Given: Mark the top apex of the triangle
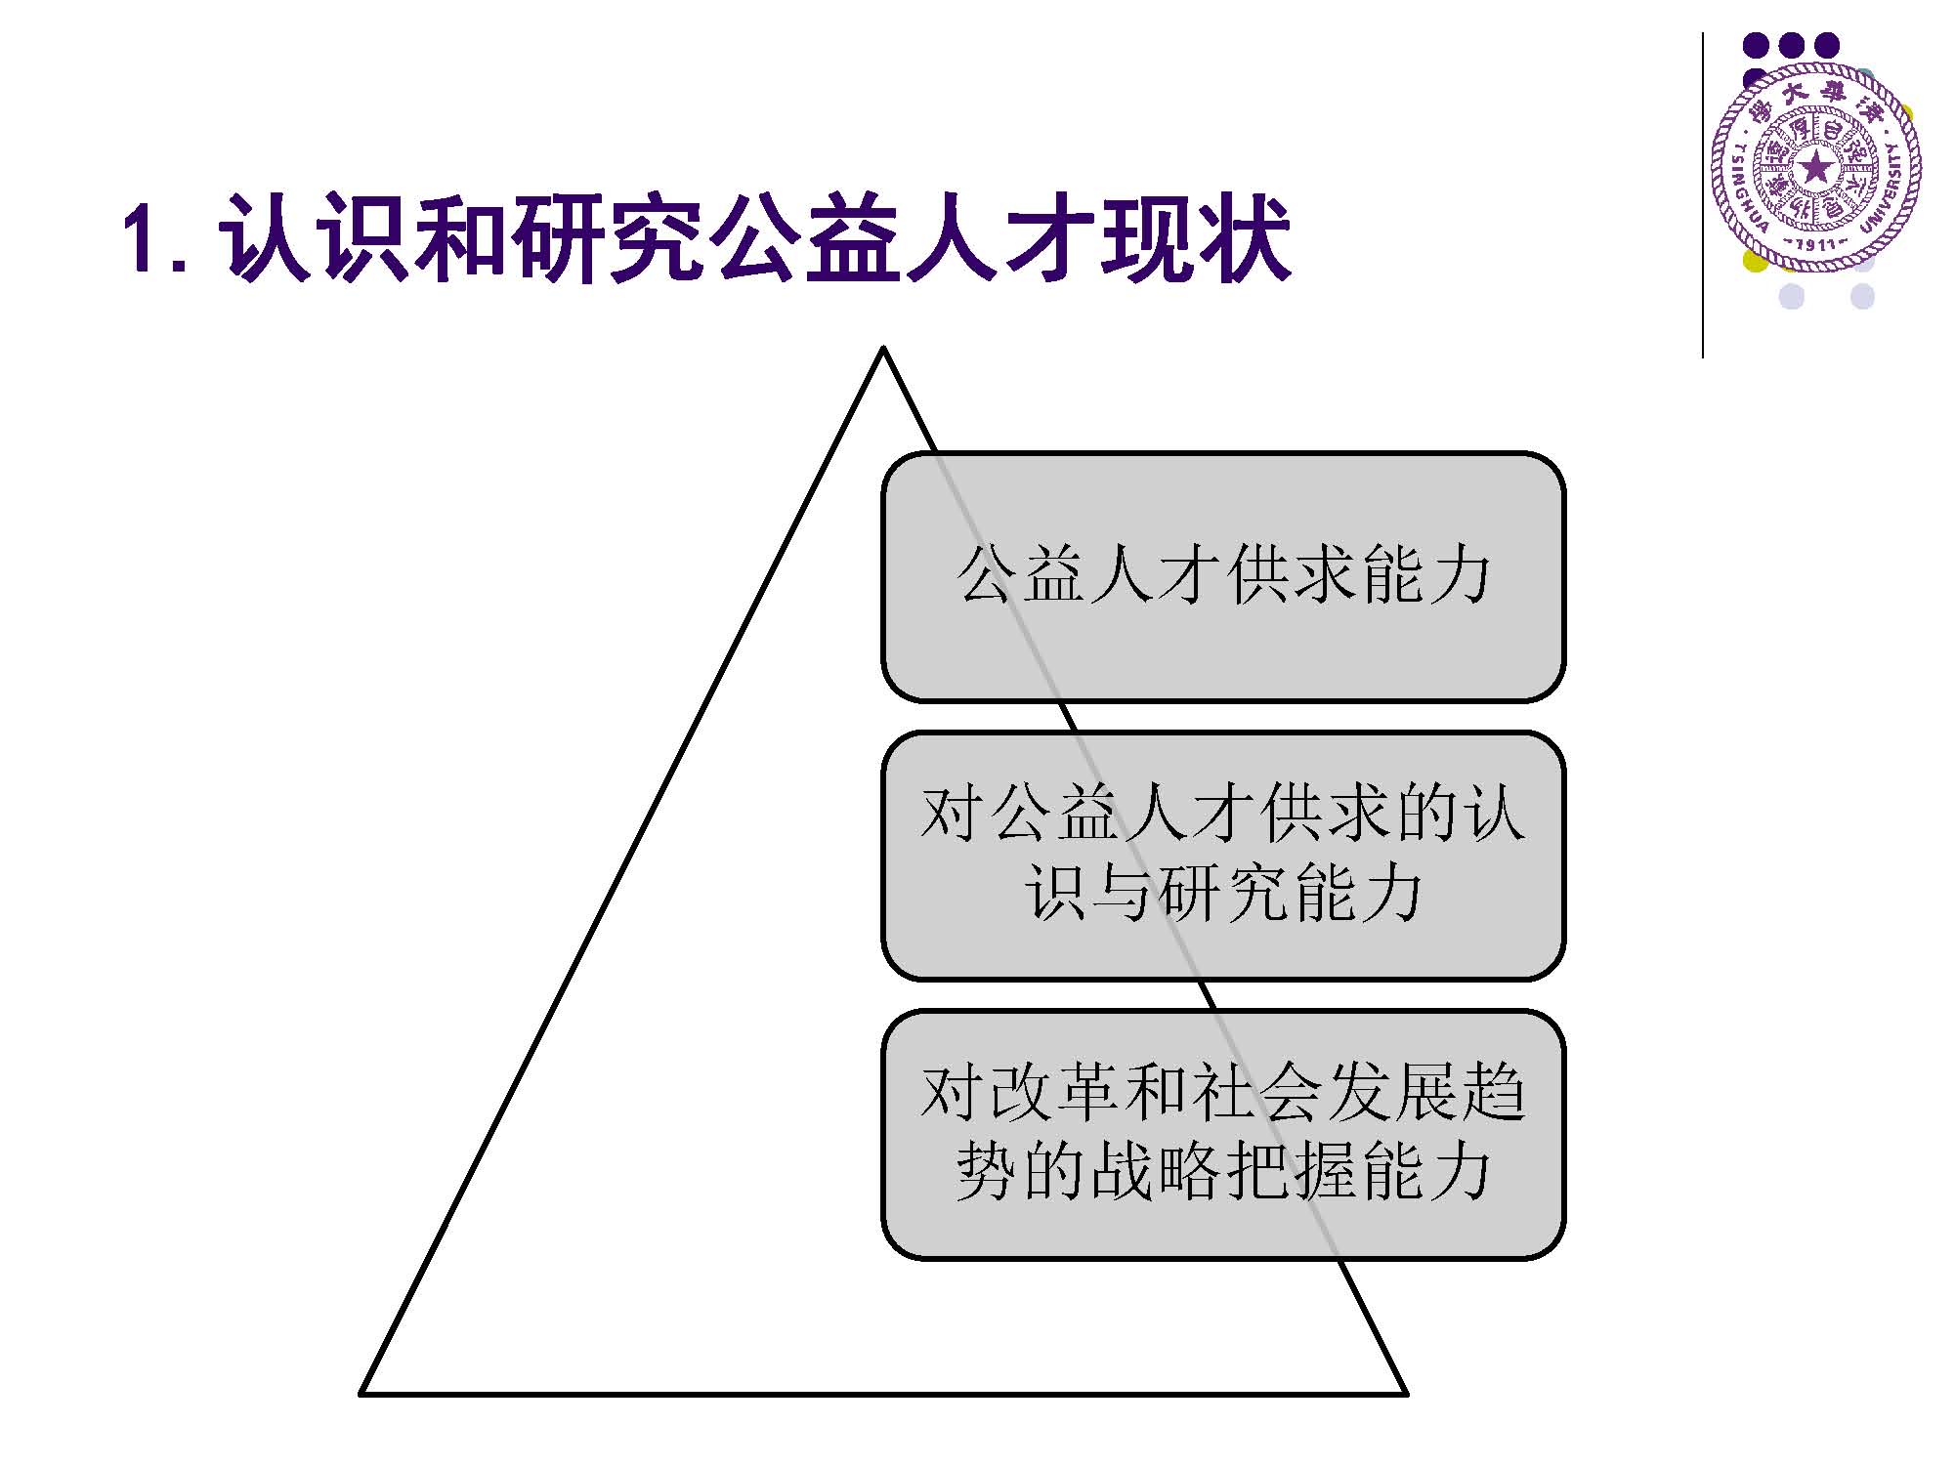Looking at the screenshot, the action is [x=883, y=347].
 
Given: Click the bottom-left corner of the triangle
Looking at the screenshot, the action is [x=361, y=1393].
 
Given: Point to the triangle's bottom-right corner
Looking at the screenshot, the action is [x=1406, y=1393].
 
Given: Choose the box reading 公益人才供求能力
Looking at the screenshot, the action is [x=1223, y=577].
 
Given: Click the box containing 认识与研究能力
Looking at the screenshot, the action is [x=1223, y=856].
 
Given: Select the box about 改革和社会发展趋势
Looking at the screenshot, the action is [x=1223, y=1135].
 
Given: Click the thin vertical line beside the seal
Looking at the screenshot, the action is [x=1703, y=195].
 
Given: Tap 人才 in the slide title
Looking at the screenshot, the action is [x=999, y=237].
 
